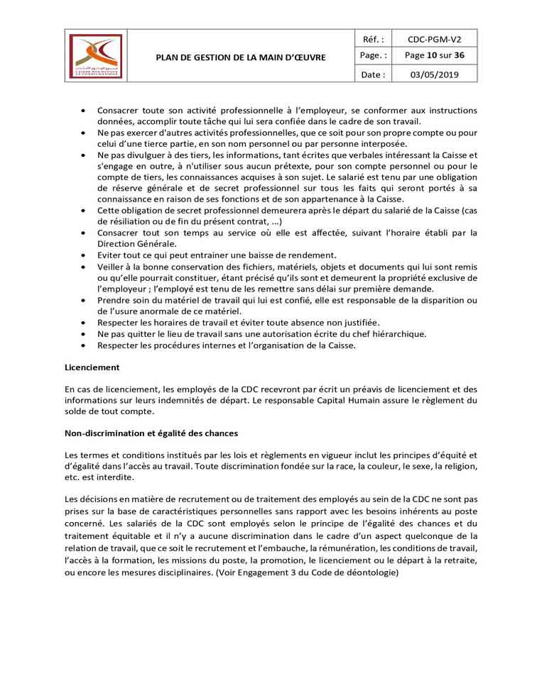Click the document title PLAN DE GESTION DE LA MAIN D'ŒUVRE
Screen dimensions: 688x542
point(241,57)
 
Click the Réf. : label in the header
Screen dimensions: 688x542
point(373,40)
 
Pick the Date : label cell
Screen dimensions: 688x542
point(373,74)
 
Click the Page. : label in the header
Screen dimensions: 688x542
point(373,56)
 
